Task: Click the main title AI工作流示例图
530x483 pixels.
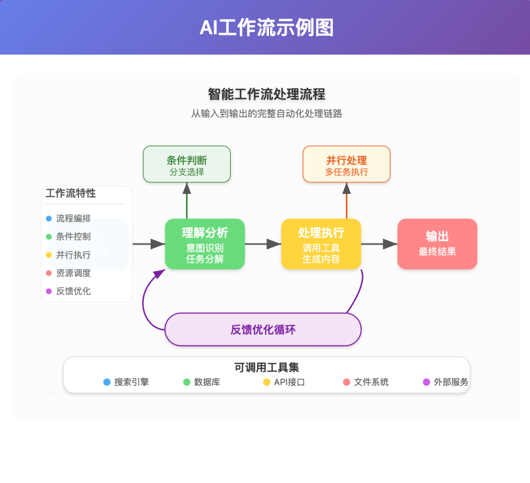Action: (266, 28)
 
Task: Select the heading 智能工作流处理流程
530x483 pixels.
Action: (266, 94)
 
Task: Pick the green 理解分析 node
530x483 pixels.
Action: (205, 244)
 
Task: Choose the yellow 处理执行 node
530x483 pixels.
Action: (321, 244)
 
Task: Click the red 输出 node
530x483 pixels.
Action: (437, 244)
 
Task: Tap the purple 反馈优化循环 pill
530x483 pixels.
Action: (263, 329)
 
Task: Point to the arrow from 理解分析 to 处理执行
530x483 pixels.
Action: (263, 244)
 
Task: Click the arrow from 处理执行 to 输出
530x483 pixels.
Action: (379, 244)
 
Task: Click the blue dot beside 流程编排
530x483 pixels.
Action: (49, 219)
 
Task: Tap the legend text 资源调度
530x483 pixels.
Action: (73, 273)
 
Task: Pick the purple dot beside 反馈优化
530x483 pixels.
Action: (49, 291)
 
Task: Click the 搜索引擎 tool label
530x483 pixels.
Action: (132, 382)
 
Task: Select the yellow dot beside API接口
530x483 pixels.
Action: (267, 382)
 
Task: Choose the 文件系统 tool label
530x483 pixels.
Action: (371, 382)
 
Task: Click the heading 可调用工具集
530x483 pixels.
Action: (266, 367)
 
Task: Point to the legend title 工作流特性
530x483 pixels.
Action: (71, 193)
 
